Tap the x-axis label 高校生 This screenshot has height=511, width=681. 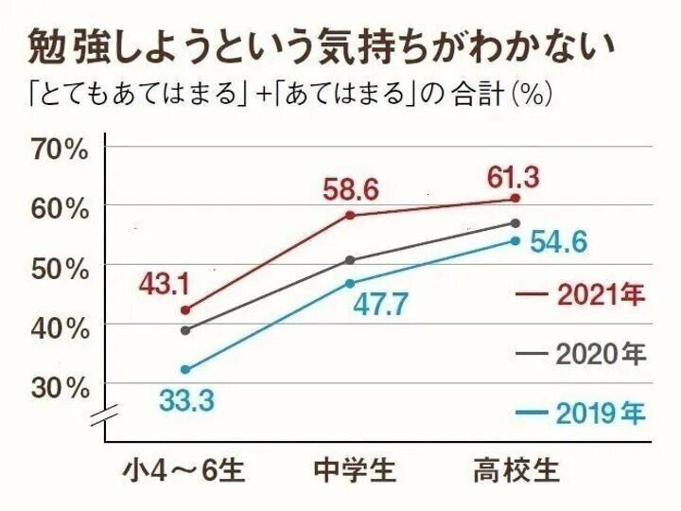point(516,470)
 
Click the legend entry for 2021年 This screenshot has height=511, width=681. point(582,296)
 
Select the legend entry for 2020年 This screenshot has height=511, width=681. point(582,355)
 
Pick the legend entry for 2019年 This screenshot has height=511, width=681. point(582,414)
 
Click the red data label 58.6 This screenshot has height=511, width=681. point(350,190)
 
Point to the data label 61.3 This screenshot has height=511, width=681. point(515,174)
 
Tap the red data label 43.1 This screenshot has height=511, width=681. point(166,283)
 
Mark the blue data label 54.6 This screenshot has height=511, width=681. point(558,242)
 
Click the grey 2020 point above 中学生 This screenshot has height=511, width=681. point(350,260)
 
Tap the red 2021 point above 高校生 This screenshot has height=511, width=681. point(515,198)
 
